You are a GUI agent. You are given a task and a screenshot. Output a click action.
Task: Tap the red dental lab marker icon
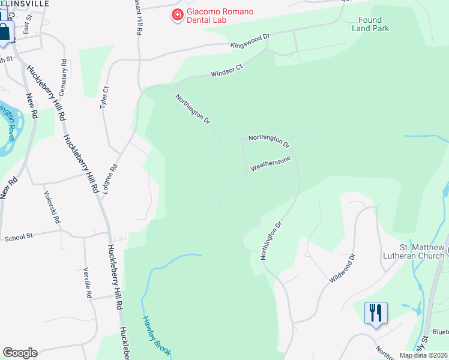177,15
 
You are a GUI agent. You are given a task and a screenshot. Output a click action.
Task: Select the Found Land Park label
370,24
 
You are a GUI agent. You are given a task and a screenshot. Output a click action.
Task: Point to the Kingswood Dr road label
250,41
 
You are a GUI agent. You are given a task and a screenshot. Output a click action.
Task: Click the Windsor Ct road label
226,71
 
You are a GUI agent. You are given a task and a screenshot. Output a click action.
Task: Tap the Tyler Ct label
104,97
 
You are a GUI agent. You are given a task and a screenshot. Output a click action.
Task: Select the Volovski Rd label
52,208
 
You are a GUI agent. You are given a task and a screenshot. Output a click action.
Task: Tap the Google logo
20,353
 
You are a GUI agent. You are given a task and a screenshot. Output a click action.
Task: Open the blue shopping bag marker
4,32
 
